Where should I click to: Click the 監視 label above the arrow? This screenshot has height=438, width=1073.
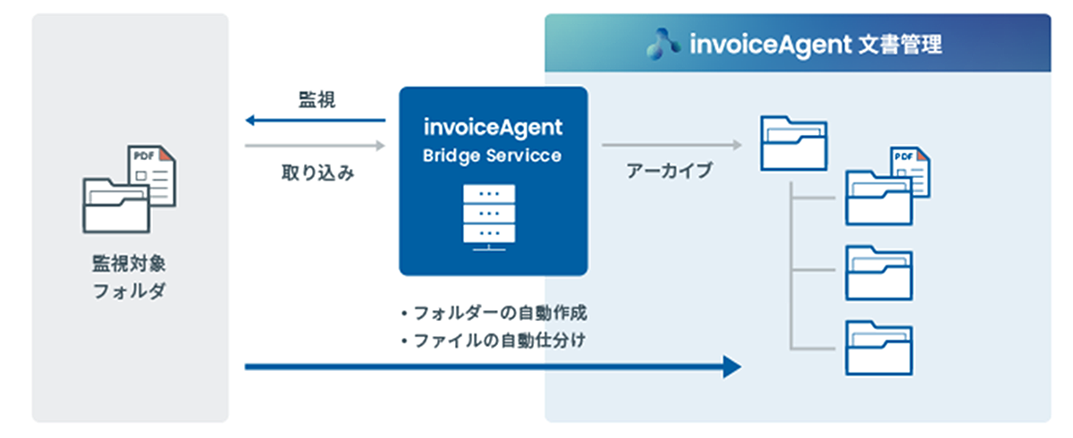317,101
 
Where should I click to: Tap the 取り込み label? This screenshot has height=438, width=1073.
318,173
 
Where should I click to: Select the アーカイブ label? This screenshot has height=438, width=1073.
671,172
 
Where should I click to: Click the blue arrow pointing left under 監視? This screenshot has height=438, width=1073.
315,121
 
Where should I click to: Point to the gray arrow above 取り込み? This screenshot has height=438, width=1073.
315,145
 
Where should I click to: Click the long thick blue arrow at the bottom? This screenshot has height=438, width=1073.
493,366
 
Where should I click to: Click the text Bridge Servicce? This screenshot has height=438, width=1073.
493,156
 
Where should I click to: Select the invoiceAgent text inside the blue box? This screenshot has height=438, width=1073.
493,128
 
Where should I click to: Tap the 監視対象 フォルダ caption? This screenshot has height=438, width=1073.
130,278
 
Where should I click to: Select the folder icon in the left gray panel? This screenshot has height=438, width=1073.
116,205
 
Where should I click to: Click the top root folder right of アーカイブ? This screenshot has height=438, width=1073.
792,142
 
